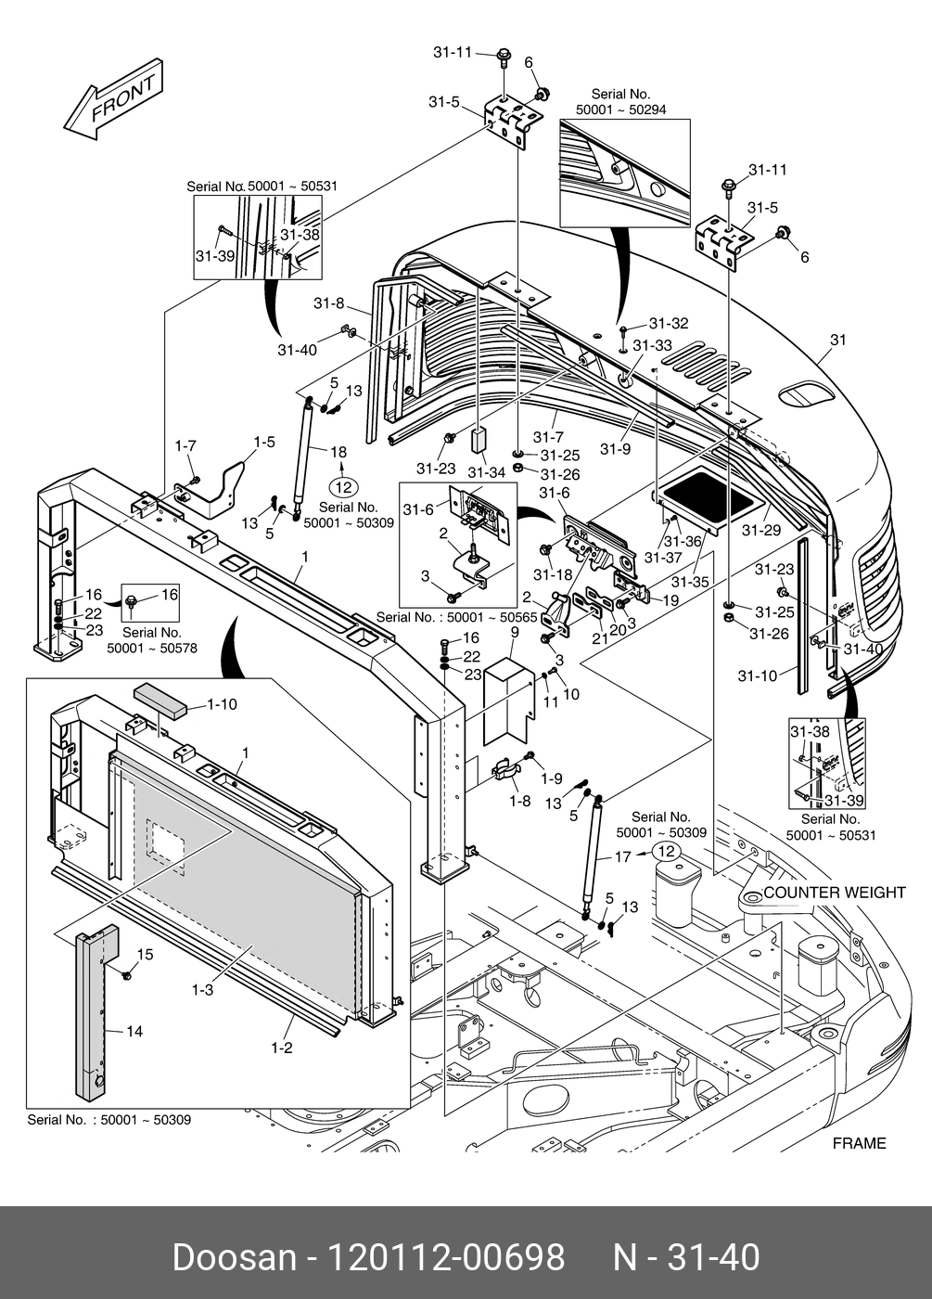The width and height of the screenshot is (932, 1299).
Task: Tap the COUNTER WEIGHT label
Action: click(834, 893)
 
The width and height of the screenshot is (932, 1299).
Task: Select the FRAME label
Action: click(859, 1143)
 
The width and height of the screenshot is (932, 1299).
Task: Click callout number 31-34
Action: click(486, 472)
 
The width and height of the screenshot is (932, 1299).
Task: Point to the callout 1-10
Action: click(221, 704)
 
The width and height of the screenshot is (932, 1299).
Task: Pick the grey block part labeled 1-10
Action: click(160, 697)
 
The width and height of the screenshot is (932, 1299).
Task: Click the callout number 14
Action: click(134, 1031)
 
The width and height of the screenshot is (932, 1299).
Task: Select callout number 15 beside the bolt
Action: click(145, 955)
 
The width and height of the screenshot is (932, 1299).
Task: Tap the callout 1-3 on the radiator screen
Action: click(202, 990)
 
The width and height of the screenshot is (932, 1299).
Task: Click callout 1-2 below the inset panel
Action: click(282, 1048)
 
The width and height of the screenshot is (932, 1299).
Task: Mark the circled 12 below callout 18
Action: click(343, 485)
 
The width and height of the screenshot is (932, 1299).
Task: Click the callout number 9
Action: click(514, 633)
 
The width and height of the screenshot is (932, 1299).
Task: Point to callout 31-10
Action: click(757, 675)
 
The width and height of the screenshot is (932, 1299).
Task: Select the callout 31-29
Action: click(761, 531)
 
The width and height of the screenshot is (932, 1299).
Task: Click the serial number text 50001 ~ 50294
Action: click(620, 109)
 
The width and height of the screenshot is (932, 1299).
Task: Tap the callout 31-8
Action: click(328, 303)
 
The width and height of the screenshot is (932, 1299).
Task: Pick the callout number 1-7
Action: click(185, 446)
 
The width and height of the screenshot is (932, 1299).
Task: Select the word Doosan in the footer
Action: click(234, 1257)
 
